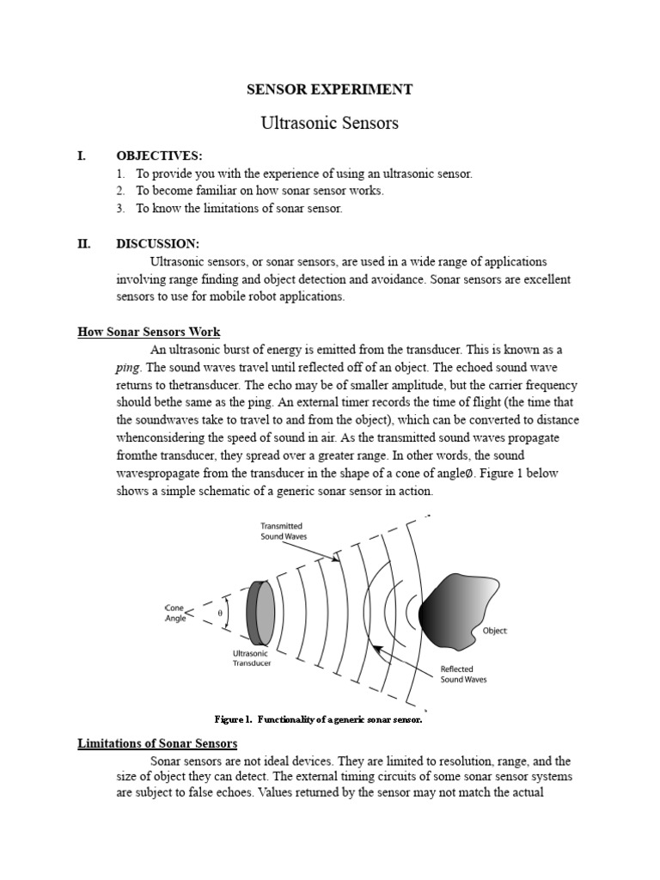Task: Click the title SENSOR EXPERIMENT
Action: click(330, 89)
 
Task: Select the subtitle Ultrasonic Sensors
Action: click(330, 123)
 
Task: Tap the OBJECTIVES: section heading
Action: click(160, 156)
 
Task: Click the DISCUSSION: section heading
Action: click(158, 244)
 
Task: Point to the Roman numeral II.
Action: click(83, 244)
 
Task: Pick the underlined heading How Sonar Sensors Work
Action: click(149, 332)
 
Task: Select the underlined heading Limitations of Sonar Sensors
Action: click(157, 743)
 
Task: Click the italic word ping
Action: click(127, 367)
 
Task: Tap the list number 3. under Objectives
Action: click(121, 209)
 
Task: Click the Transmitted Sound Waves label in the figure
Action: click(282, 531)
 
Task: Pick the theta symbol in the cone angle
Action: click(220, 612)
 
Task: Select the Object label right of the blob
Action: click(494, 631)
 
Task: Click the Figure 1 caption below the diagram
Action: click(317, 718)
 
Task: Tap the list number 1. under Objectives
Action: click(121, 174)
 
